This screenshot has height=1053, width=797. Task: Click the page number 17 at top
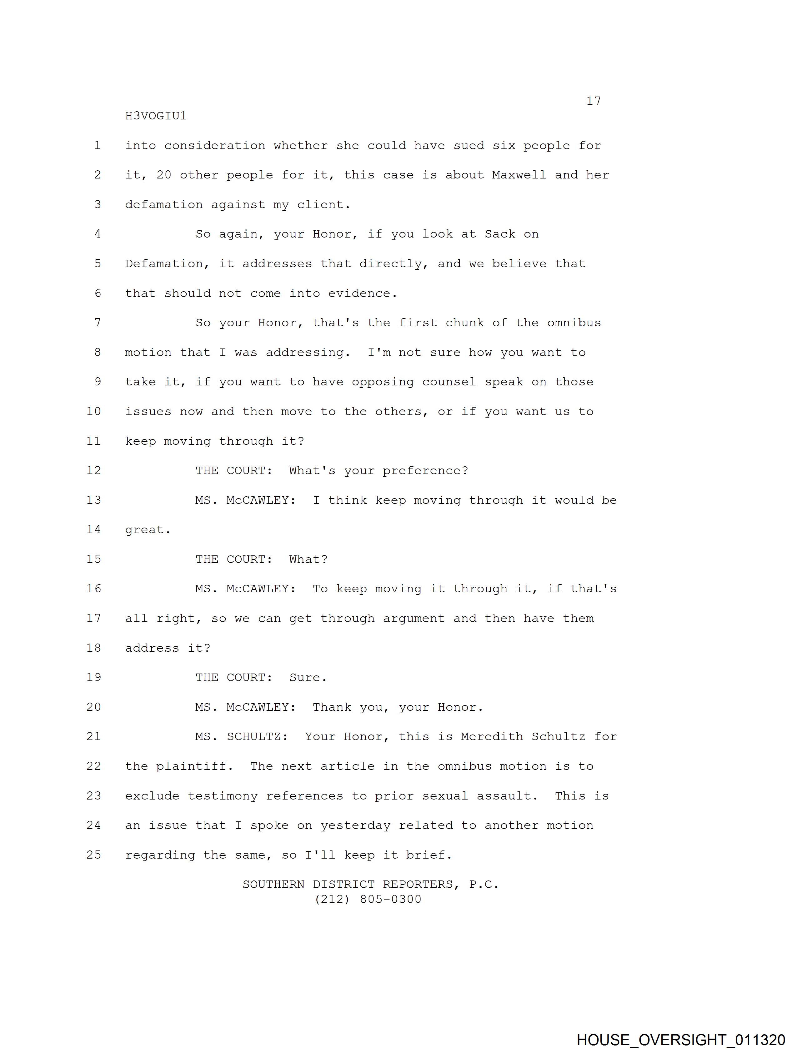point(593,101)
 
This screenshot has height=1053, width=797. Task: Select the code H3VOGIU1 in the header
point(156,116)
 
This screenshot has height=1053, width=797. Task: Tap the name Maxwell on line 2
point(519,175)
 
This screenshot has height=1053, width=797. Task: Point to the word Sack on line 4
point(500,234)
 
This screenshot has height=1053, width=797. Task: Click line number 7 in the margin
point(98,323)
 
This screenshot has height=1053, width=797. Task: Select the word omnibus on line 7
point(574,323)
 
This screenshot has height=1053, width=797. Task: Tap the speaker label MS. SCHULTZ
point(241,736)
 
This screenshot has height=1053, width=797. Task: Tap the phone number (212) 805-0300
point(368,899)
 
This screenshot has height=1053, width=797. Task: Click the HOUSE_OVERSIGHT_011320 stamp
point(681,1040)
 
